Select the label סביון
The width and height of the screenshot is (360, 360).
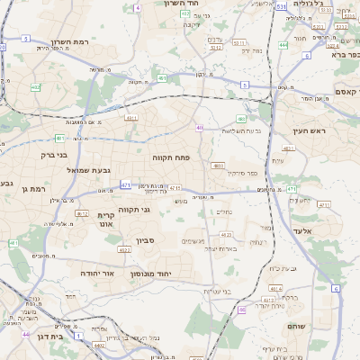pyautogui.click(x=147, y=240)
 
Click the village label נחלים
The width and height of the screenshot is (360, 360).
pyautogui.click(x=225, y=213)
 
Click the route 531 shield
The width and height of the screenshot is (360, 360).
pyautogui.click(x=282, y=6)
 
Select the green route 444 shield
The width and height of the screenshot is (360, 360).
pyautogui.click(x=283, y=44)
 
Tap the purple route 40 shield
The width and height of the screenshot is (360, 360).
pyautogui.click(x=199, y=128)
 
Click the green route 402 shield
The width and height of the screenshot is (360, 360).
pyautogui.click(x=35, y=87)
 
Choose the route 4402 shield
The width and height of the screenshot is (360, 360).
pyautogui.click(x=98, y=345)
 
